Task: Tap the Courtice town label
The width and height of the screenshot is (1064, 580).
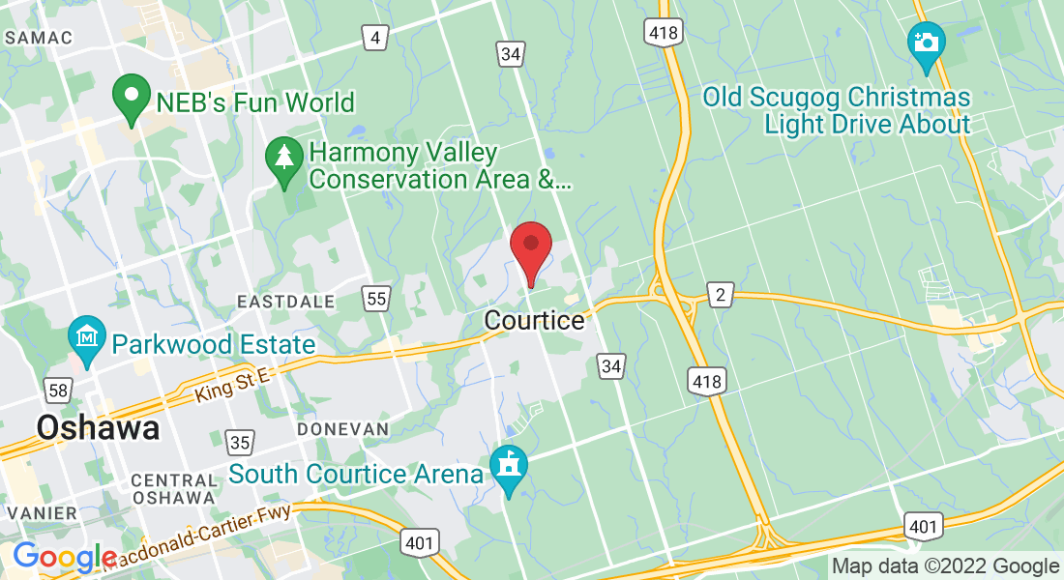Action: click(535, 320)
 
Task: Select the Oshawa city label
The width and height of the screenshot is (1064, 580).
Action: click(98, 427)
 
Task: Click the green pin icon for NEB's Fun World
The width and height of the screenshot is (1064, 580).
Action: click(132, 98)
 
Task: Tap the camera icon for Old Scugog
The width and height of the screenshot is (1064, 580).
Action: click(927, 44)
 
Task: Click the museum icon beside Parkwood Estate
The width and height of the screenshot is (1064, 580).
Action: click(87, 338)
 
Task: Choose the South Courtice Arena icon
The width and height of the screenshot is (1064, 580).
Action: click(508, 466)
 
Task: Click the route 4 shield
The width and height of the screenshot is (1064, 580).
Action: click(375, 38)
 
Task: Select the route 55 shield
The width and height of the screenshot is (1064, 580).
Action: click(376, 299)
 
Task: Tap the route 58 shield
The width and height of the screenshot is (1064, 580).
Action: click(57, 391)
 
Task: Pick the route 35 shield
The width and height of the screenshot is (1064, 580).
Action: click(241, 443)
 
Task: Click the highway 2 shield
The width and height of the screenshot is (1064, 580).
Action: click(720, 295)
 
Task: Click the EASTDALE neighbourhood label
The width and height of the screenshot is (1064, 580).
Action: click(286, 302)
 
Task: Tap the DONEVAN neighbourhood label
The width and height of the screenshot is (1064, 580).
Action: click(342, 428)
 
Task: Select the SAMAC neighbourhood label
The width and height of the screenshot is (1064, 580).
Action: click(39, 38)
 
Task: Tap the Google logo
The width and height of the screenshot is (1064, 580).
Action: click(64, 558)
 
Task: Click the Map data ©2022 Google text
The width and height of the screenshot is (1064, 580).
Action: click(946, 566)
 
